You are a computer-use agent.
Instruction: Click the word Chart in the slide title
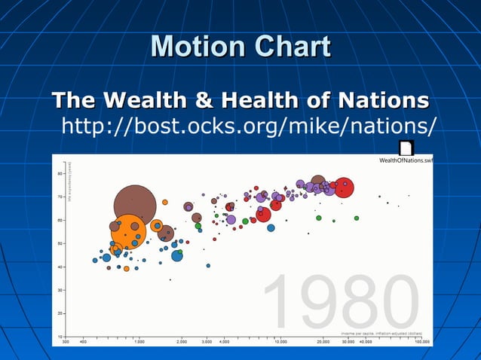(292, 47)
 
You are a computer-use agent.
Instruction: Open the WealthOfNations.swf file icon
(406, 148)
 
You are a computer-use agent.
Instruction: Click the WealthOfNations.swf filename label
(406, 160)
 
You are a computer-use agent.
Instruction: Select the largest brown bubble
(135, 206)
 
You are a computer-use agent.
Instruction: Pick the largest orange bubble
(128, 233)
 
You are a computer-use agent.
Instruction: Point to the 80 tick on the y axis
(60, 173)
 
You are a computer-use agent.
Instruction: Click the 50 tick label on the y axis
(60, 243)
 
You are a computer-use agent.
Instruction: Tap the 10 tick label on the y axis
(60, 336)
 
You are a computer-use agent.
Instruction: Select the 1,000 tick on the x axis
(139, 341)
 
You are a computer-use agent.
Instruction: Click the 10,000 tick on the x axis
(280, 341)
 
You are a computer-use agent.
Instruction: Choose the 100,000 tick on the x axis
(421, 341)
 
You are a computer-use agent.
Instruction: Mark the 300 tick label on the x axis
(66, 341)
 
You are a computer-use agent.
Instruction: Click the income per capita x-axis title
(381, 332)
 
